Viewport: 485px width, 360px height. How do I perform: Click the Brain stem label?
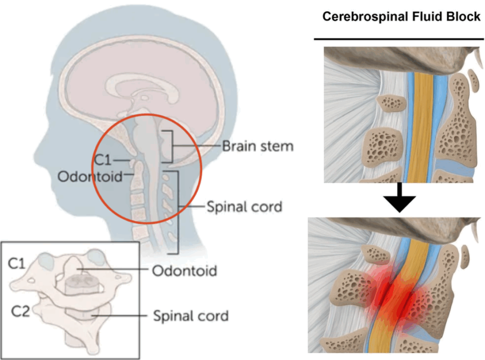click(258, 146)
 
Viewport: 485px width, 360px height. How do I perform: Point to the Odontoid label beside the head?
click(89, 176)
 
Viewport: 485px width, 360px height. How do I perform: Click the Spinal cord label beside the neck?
click(244, 207)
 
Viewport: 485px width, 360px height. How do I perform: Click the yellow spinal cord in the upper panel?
click(421, 128)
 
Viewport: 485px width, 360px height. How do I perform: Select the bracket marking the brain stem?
click(171, 146)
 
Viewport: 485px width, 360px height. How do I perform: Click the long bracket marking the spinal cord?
click(179, 208)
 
